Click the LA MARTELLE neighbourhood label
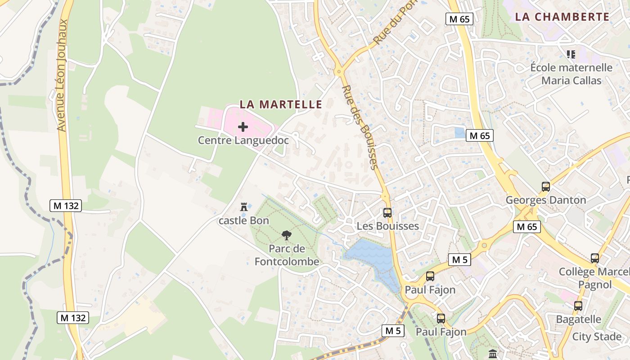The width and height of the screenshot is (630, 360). coord(281,104)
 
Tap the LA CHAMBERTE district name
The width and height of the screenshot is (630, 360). coord(562,17)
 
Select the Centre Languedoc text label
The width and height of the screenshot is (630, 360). coord(243,140)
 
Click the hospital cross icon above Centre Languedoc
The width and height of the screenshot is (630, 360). coord(243,127)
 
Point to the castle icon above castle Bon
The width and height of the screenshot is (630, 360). coord(244,207)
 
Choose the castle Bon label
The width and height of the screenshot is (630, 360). coord(243,220)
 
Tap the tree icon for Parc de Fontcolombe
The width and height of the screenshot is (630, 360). coord(286,235)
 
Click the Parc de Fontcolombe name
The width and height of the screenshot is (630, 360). coord(287,255)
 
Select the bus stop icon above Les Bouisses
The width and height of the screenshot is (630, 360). coord(387,213)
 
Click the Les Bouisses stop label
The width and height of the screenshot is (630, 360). coord(387,226)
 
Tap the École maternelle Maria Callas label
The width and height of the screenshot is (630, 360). coord(571,74)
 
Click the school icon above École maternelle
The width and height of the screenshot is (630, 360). coord(571,54)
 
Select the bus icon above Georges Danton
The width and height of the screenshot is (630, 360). coord(545,187)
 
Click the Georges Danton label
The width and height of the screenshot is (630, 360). coord(545,200)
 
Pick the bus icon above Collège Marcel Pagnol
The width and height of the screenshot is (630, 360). coord(594,258)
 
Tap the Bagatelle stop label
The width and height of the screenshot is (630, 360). coord(578,319)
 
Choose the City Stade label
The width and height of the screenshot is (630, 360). coord(597,337)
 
